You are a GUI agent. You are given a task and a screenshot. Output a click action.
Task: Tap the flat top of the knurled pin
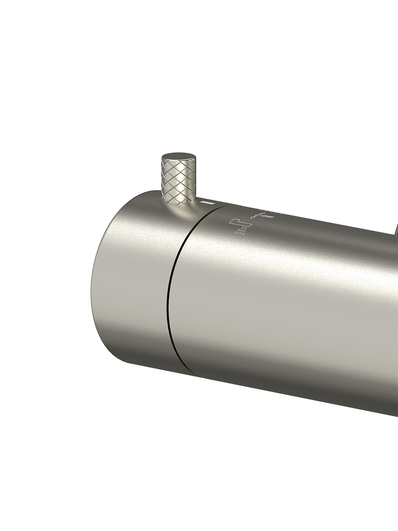pos(179,157)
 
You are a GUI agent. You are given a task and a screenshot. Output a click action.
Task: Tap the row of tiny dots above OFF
pos(271,211)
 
